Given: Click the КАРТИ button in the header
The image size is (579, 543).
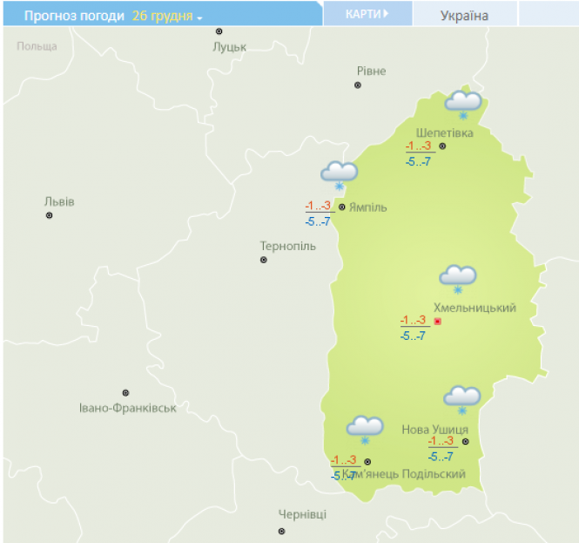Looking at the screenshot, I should pos(367,14).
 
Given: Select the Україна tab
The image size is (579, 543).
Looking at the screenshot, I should pos(464,15).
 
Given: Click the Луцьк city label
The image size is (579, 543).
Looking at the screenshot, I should pos(230,46).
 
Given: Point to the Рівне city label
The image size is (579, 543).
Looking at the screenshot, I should pos(371,71).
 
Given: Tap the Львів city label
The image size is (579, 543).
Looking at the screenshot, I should pos(59,201).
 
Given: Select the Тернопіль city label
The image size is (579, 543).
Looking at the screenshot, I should pos(287,246).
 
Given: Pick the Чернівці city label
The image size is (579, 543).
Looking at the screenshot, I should pos(302,514).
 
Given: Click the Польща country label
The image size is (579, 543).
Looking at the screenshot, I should pos(37,46).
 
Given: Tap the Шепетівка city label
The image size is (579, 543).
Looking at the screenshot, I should pos(445,132).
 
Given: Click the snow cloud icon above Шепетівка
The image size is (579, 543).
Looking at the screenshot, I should pos(463,104).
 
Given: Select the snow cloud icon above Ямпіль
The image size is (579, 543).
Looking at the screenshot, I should pos(339,173).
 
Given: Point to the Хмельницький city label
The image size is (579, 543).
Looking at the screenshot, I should pos(475,308).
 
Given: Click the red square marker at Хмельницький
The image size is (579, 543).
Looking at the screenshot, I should pos(438,322).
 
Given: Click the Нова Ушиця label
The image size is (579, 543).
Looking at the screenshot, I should pos(435,429).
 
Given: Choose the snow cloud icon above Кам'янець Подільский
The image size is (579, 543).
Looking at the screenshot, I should pos(365,428).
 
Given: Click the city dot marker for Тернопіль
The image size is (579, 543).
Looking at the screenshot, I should pos(264,260).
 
